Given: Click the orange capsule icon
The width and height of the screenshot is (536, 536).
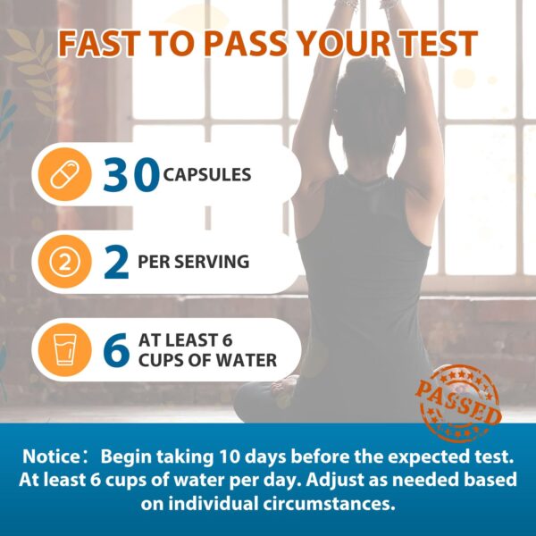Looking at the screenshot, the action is click(64, 174).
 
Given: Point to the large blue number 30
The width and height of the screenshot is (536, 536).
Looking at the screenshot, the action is click(131, 175).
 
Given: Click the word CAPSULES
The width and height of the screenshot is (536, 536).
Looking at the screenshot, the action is click(207, 175).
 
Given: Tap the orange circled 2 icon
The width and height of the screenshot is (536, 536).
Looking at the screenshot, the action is click(64, 262).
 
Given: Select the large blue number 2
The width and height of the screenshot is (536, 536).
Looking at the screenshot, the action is click(116, 262).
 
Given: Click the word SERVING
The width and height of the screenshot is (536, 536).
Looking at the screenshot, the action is click(213, 262).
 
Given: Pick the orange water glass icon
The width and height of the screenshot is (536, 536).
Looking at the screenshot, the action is click(64, 349).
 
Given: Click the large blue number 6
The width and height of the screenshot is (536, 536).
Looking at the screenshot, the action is click(116, 350).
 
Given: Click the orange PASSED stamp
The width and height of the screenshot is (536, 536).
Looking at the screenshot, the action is click(458, 404).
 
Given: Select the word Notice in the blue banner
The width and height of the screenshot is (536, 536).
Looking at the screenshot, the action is click(51, 456).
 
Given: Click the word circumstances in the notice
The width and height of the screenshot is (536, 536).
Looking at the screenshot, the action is click(329, 504).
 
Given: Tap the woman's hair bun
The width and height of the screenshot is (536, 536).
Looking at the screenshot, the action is click(371, 70).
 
